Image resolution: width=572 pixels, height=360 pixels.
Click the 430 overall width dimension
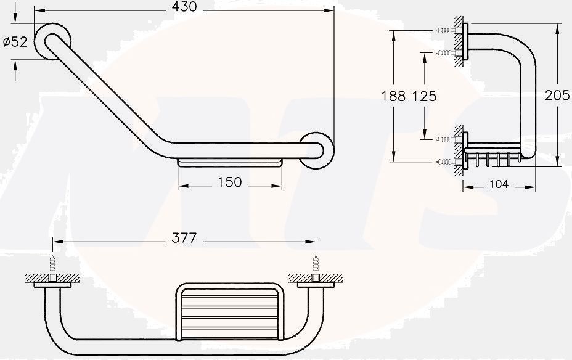coord(184,7)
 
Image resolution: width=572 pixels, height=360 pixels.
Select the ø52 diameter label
coord(15,42)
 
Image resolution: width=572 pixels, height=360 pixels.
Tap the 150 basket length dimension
coord(229,182)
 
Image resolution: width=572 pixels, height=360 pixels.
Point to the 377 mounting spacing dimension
coord(184,237)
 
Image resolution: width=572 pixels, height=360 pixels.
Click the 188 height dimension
coord(393,96)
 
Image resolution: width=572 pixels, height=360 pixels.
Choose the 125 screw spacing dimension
coord(424,96)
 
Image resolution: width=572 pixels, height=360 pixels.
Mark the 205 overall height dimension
coord(557,96)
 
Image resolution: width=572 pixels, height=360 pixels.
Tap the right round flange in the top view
coord(317,149)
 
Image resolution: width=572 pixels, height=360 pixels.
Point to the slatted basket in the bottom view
coord(229,311)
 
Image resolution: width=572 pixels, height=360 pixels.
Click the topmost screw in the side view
coord(447,30)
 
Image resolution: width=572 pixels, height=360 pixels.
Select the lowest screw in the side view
coord(447,162)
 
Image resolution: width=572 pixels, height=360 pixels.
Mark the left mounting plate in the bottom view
coord(53,284)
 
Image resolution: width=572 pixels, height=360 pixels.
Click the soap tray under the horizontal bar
coord(229,163)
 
